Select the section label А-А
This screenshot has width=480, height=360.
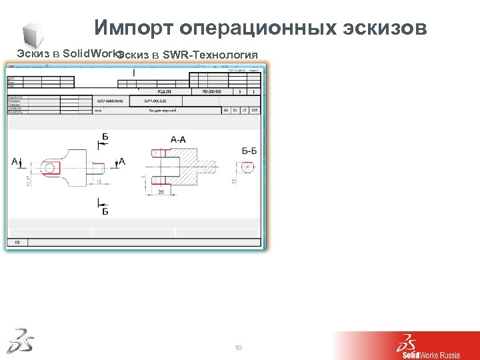point(178,139)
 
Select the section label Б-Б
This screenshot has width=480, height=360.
point(249,151)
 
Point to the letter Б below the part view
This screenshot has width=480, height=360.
point(105,211)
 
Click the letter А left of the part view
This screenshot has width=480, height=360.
point(15,161)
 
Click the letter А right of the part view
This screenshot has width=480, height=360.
point(121,161)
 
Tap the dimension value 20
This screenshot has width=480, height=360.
point(161,192)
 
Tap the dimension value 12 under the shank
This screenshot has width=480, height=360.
point(98,180)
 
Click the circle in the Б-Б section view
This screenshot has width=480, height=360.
point(247,167)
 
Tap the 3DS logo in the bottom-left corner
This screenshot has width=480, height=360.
point(20,341)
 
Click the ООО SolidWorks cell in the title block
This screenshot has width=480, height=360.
point(108,101)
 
